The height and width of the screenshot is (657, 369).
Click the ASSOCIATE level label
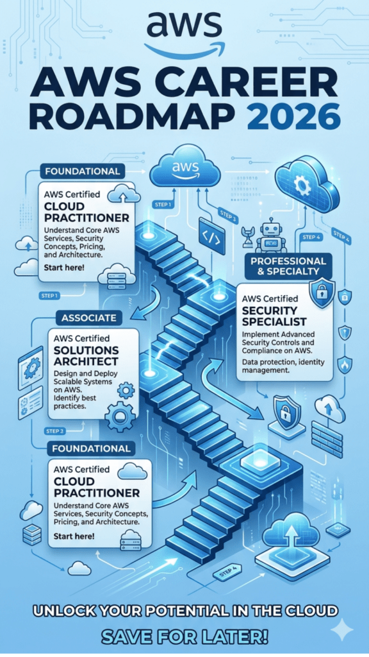[88, 318]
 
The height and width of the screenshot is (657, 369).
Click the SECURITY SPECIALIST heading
[274, 316]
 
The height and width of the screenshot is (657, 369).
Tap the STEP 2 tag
[55, 431]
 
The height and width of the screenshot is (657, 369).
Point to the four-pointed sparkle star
[342, 629]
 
